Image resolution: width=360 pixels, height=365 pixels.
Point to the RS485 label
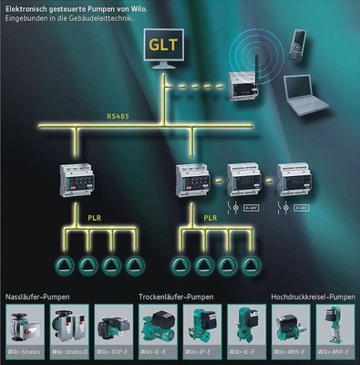(x=118, y=116)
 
